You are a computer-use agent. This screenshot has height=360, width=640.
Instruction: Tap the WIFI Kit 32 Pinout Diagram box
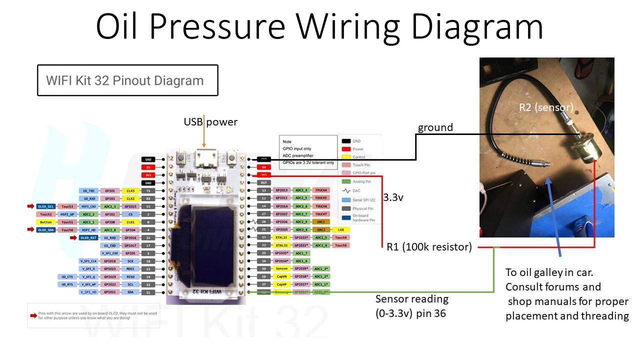[x=127, y=80]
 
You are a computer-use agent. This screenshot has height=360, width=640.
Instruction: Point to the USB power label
[x=210, y=122]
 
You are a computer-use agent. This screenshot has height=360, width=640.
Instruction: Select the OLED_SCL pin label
[x=45, y=206]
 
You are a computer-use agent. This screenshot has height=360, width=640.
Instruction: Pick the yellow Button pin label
[x=45, y=222]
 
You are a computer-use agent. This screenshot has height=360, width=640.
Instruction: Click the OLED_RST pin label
[x=88, y=238]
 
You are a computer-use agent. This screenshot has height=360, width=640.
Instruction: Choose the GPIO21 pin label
[x=109, y=292]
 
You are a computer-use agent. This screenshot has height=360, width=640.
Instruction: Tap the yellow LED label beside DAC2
[x=340, y=229]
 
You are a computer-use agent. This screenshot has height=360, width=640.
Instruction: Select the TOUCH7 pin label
[x=321, y=214]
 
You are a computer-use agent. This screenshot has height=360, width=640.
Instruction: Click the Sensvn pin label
[x=281, y=269]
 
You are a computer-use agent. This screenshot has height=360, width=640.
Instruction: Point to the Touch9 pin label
[x=340, y=237]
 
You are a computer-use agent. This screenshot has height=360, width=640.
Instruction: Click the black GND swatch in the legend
[x=345, y=141]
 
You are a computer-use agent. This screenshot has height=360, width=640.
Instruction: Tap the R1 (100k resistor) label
[x=429, y=246]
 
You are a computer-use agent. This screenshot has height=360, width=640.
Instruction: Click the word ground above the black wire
[x=435, y=127]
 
